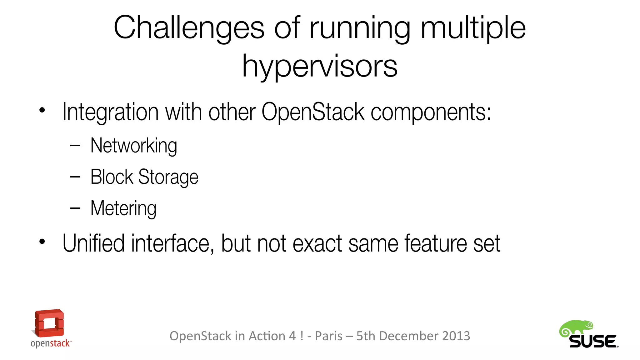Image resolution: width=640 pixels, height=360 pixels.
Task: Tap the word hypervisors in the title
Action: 320,66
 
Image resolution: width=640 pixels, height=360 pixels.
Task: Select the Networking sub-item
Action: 134,146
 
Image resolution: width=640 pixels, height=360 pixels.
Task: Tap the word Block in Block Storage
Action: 112,177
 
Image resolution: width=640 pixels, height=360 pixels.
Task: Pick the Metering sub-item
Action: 123,208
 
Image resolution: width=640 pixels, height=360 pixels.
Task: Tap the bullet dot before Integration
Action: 42,110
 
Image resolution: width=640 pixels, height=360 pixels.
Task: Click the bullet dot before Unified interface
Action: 42,242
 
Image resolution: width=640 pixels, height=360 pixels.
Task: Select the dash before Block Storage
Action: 75,177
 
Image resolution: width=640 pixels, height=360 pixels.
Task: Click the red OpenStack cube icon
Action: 49,323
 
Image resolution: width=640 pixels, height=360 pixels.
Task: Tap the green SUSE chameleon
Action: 576,329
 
